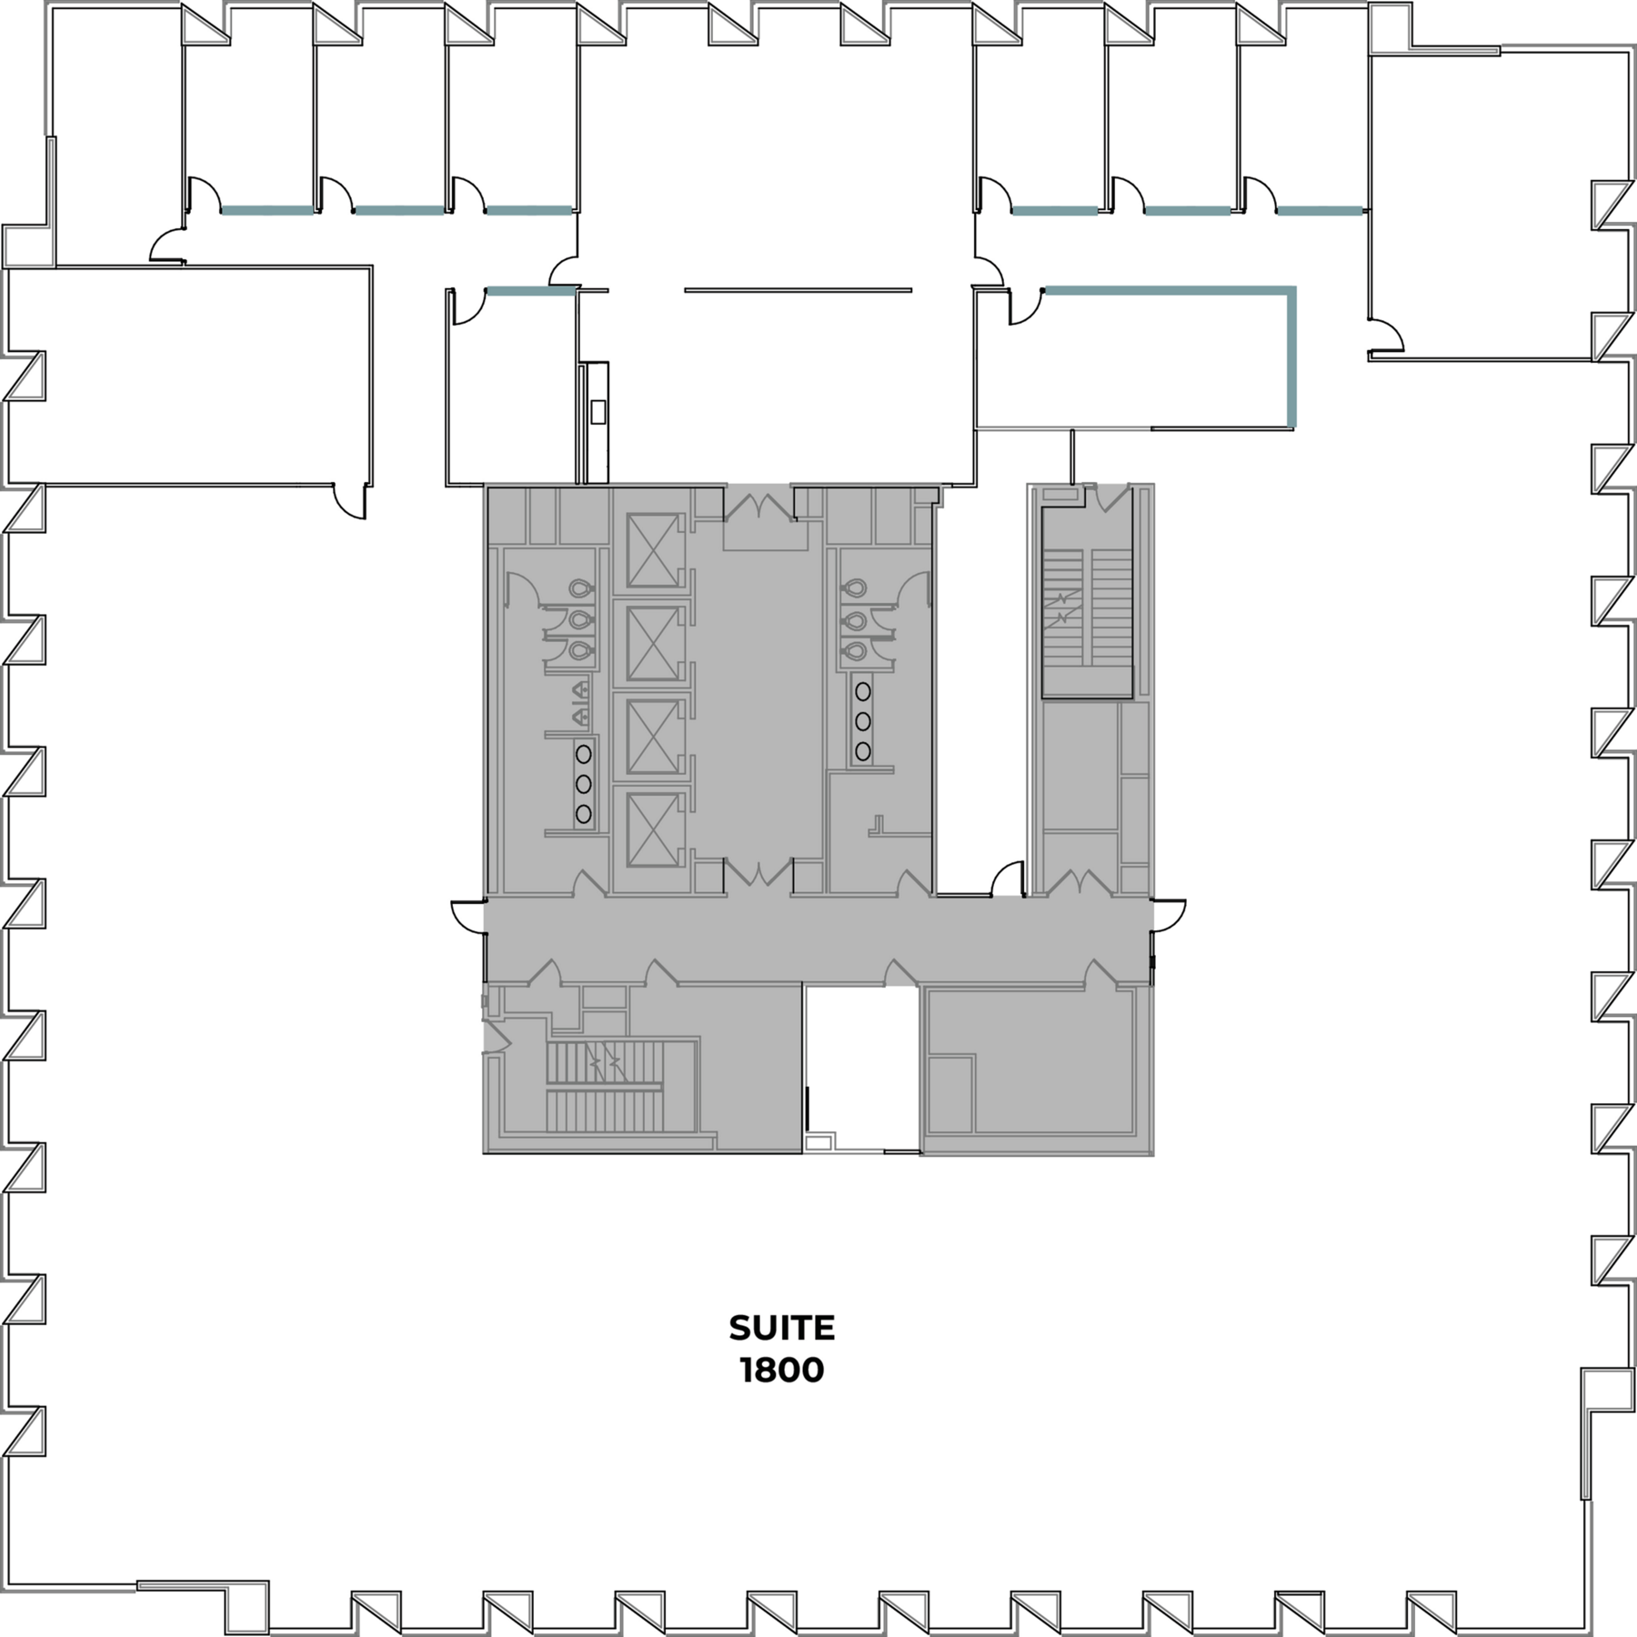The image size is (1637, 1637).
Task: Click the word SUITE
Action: (782, 1328)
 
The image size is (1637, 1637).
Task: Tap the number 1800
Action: (782, 1370)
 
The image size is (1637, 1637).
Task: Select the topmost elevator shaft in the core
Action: (653, 550)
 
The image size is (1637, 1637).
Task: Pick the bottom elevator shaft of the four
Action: (653, 829)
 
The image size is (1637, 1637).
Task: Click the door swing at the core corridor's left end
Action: (467, 916)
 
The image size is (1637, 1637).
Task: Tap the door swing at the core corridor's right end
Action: (1170, 915)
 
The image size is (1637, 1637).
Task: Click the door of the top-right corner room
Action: (1387, 335)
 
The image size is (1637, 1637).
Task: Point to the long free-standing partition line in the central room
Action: (798, 291)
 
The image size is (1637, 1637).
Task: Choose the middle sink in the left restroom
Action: (584, 783)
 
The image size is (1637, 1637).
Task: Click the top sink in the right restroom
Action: (862, 691)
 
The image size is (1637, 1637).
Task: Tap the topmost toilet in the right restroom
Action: (853, 589)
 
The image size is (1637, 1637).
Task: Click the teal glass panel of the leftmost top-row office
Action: (267, 210)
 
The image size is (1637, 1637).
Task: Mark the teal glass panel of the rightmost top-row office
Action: (1321, 211)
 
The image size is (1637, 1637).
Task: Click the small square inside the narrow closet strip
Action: (598, 412)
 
